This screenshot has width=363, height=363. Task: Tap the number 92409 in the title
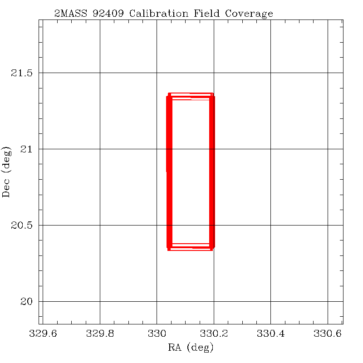click(x=110, y=14)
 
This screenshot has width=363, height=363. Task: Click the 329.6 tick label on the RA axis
click(x=43, y=334)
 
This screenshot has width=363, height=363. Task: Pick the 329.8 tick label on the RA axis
click(x=100, y=334)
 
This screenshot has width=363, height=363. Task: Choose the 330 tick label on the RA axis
click(x=157, y=334)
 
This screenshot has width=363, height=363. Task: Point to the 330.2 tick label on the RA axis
click(x=214, y=334)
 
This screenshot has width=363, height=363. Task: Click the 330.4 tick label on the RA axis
click(x=270, y=334)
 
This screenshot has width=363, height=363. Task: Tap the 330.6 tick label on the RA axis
click(x=328, y=334)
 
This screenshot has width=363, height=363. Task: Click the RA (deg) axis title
click(x=191, y=348)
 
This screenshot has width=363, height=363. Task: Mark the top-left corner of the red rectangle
click(x=169, y=94)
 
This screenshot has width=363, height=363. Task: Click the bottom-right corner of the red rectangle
click(x=212, y=249)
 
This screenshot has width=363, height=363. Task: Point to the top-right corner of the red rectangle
click(x=212, y=94)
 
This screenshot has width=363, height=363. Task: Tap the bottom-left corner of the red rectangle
click(x=169, y=249)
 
